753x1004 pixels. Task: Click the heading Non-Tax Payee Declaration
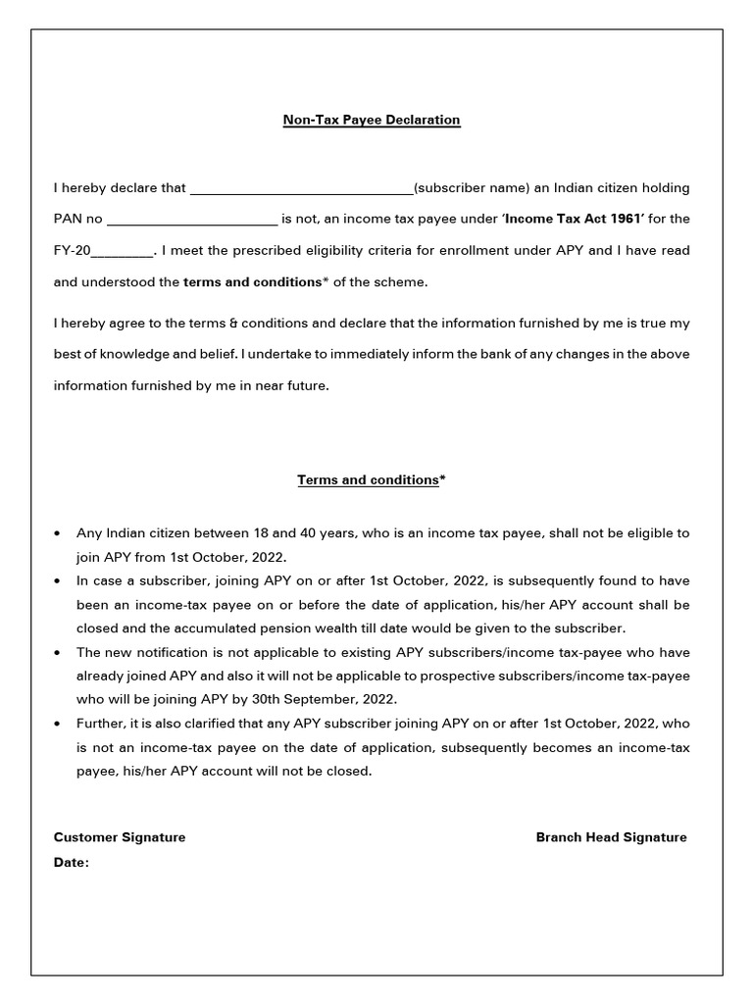[372, 120]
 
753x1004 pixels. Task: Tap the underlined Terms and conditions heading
[368, 479]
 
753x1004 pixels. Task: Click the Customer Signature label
[120, 837]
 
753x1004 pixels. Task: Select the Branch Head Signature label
[611, 837]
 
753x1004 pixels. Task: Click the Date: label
[72, 863]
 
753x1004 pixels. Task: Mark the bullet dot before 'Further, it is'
[61, 724]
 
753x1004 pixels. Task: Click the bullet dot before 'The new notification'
[61, 652]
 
